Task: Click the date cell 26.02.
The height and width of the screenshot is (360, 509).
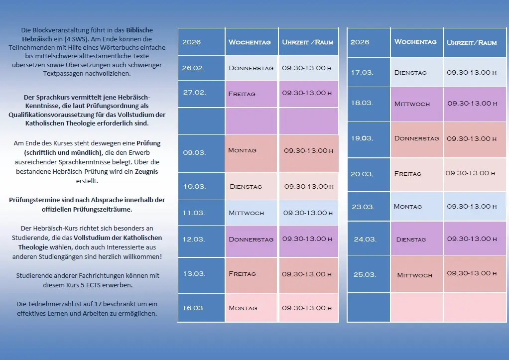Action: (193, 68)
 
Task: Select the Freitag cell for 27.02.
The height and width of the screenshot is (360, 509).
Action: (242, 94)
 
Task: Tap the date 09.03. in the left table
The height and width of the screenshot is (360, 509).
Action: (194, 152)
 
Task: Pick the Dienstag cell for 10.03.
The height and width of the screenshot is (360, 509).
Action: (246, 187)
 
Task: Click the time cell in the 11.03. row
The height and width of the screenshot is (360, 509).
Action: (308, 213)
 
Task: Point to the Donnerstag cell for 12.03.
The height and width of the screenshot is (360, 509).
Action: (251, 240)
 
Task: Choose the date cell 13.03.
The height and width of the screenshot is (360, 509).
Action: (194, 274)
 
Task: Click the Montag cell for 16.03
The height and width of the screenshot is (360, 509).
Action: (243, 308)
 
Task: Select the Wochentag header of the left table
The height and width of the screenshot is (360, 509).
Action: (250, 42)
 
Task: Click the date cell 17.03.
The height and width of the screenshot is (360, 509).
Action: (362, 73)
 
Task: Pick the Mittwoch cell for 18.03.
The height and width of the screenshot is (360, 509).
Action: (412, 104)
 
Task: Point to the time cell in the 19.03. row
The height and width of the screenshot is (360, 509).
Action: (472, 139)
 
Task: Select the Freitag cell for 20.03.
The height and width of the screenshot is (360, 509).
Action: (407, 174)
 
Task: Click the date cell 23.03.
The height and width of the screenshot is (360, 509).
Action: (362, 207)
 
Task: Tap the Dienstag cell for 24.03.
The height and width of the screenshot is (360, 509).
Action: (411, 240)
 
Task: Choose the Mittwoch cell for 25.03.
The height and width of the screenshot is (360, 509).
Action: (414, 275)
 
